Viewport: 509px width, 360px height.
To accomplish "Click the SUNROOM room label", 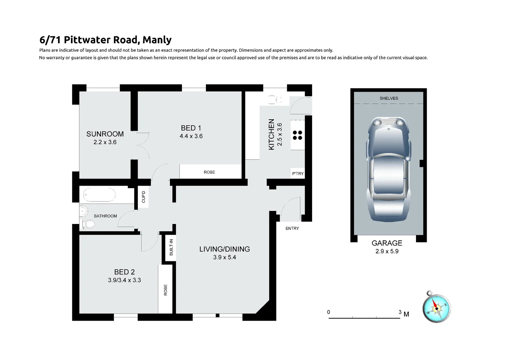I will coord(105,134).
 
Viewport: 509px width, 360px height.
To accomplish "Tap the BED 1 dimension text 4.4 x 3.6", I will coord(191,136).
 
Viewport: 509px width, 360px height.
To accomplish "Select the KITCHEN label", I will coord(271,134).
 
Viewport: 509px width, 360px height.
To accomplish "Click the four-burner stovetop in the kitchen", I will coord(297,135).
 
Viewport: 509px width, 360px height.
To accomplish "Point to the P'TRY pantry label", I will coord(298,174).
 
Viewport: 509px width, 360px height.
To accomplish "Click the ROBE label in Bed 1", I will coord(209,172).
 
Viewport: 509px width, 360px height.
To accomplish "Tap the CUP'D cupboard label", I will coord(144,197).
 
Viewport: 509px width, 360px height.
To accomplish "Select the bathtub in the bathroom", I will coord(99,195).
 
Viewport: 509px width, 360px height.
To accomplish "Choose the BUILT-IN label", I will coord(171,247).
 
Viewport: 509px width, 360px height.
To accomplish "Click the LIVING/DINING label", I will coord(225,249).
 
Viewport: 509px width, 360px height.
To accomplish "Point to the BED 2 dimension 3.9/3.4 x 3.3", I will coord(124,280).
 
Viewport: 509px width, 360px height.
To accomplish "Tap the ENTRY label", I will coord(292,228).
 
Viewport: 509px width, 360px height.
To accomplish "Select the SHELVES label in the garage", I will coord(389,98).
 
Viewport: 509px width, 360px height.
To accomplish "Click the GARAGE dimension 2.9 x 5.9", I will coord(387,251).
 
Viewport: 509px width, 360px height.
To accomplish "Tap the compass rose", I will coord(436,308).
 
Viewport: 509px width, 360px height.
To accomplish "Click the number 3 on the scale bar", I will coord(400,312).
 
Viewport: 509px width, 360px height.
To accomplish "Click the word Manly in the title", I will coord(157,40).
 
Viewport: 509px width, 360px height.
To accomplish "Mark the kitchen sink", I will coord(275,100).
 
